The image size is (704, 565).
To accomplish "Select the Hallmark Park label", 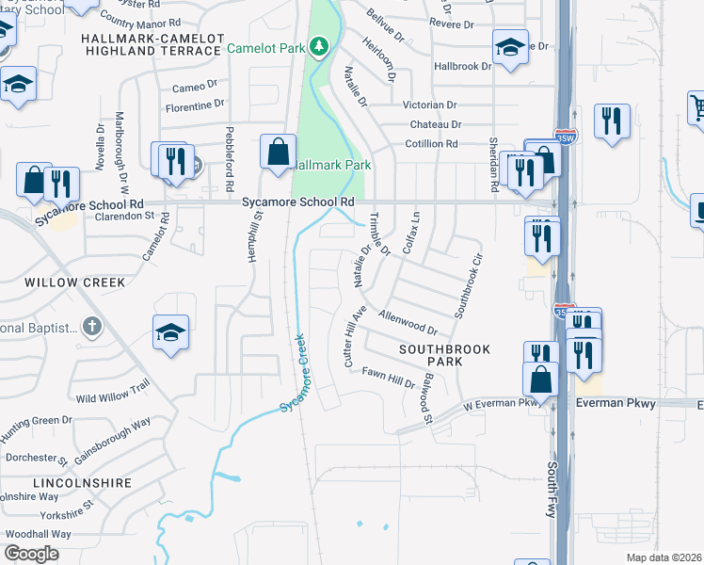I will (328, 164).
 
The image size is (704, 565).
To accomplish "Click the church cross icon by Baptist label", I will (91, 327).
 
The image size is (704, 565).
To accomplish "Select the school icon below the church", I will (170, 332).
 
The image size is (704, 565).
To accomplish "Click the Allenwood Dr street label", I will (408, 322).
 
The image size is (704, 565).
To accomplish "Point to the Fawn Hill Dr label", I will (389, 378).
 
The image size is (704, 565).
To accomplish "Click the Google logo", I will (31, 554).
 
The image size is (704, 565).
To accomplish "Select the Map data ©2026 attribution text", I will (664, 557).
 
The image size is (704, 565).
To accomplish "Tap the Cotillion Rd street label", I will (431, 144).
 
